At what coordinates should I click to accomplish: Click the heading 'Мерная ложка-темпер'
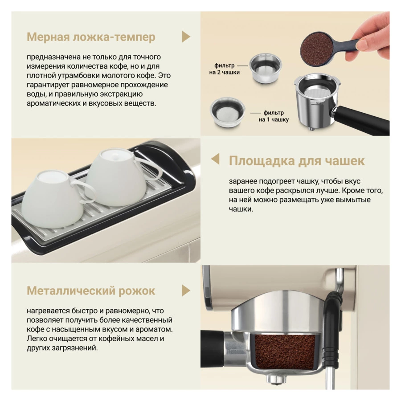(91, 37)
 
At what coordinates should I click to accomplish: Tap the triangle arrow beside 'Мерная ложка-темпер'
(186, 37)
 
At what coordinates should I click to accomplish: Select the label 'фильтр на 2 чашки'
(224, 69)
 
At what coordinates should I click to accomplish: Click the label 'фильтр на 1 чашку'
(274, 116)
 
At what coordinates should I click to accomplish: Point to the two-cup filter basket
(265, 69)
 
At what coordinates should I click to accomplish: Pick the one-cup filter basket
(227, 112)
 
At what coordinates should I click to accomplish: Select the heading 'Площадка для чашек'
(297, 161)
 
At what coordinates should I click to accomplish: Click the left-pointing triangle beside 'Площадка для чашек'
(215, 159)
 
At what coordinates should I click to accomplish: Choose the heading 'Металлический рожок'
(91, 291)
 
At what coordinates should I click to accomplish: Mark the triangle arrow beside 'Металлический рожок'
(186, 291)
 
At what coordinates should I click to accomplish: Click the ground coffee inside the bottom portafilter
(285, 351)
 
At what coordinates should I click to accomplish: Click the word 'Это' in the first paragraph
(164, 75)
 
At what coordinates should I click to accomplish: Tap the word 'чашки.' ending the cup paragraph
(241, 209)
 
